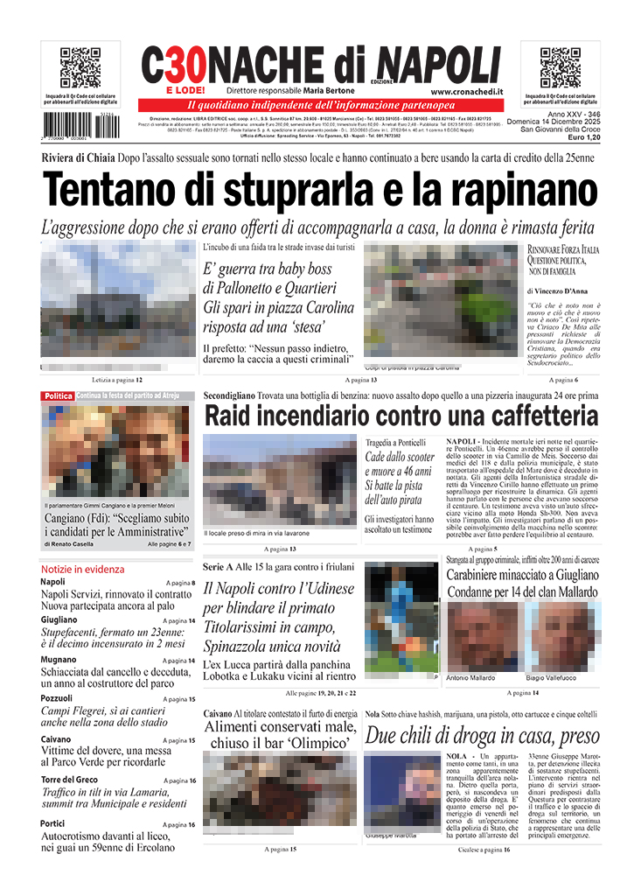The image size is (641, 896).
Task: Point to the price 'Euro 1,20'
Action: pyautogui.click(x=583, y=138)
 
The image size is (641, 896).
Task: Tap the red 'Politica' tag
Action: pyautogui.click(x=58, y=396)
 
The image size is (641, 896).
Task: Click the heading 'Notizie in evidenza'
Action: pyautogui.click(x=83, y=569)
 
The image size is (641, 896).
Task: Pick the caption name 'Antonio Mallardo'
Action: pyautogui.click(x=470, y=678)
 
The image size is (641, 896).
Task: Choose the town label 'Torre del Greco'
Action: pyautogui.click(x=69, y=780)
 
